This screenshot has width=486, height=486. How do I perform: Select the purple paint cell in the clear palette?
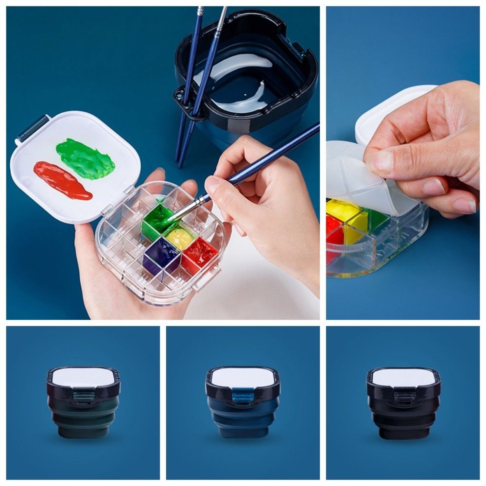tap(161, 255)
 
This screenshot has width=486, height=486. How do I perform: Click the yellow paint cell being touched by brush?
tap(180, 238)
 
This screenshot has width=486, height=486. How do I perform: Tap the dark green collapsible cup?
tap(83, 413)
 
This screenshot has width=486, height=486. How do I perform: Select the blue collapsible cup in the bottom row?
tap(243, 413)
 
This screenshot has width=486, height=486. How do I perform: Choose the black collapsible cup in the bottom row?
tap(403, 413)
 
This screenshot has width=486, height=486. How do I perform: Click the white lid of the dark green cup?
tap(83, 377)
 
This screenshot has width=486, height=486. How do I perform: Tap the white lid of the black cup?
tap(403, 377)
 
